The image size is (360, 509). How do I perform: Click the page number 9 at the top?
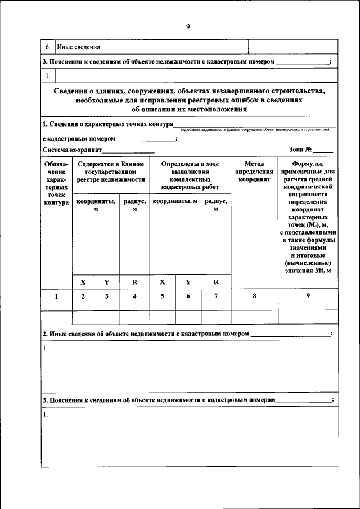[x=188, y=26]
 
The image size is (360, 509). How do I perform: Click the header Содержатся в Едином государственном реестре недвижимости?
[x=111, y=172]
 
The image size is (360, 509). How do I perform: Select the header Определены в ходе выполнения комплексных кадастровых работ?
[x=190, y=175]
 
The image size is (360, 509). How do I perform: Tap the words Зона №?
[x=300, y=150]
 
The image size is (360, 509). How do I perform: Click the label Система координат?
[x=72, y=150]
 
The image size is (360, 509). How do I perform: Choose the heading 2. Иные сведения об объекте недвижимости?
[x=146, y=334]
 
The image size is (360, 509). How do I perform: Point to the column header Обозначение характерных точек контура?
[x=56, y=183]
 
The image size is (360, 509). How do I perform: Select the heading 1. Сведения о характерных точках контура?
[x=107, y=124]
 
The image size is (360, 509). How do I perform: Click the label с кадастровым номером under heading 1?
[x=79, y=138]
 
